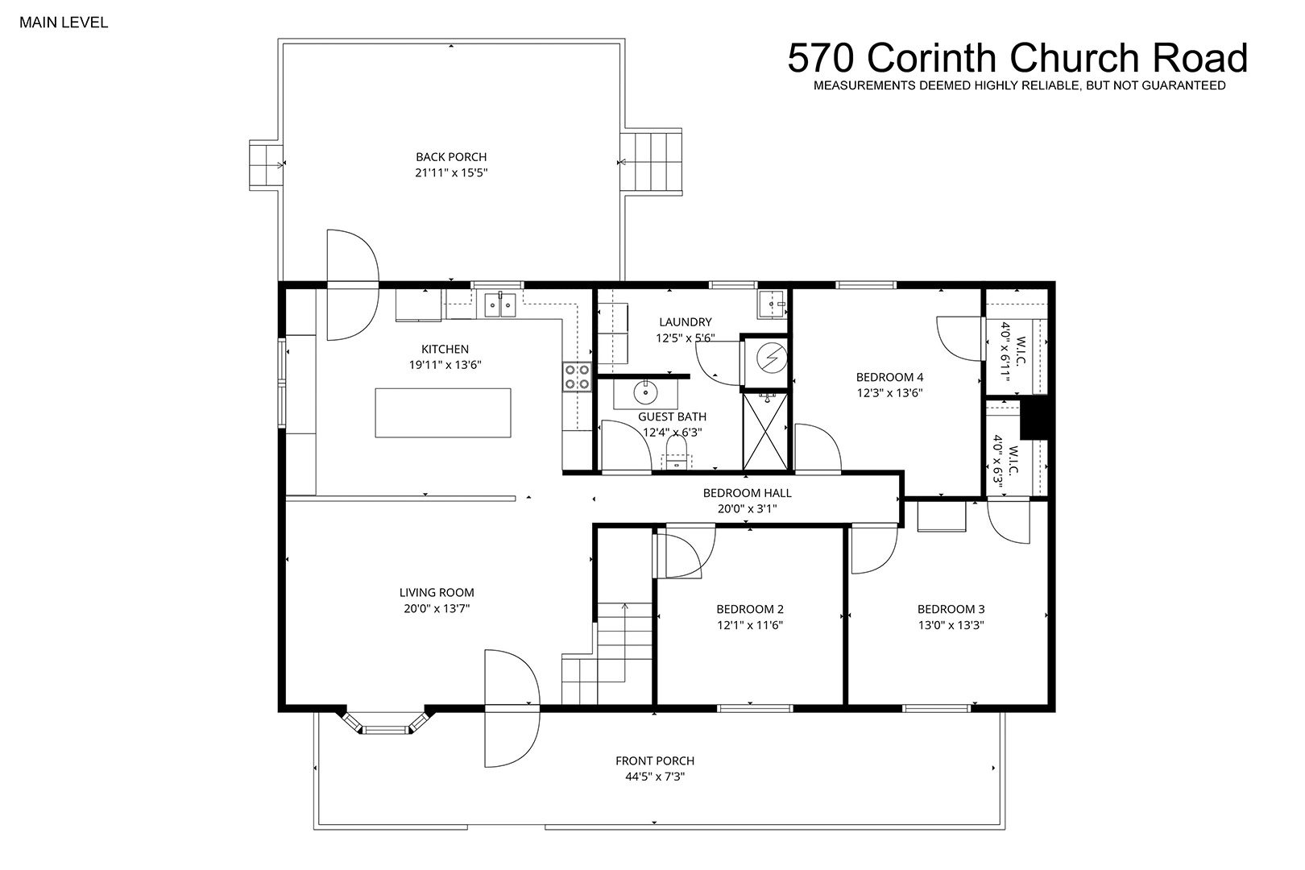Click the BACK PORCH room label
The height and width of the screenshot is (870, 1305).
451,157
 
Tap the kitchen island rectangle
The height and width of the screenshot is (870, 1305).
443,412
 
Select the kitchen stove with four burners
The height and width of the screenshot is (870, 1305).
577,376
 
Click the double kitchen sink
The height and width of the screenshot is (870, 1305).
500,304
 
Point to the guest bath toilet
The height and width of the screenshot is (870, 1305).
677,454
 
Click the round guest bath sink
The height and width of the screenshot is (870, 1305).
645,391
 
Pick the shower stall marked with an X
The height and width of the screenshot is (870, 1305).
765,431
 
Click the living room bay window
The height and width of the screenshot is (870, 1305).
384,724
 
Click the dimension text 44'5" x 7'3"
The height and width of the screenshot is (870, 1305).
655,777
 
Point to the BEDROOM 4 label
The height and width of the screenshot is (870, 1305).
889,377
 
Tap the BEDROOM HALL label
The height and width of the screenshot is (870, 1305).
747,493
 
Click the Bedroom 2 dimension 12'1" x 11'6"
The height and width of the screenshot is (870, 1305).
750,625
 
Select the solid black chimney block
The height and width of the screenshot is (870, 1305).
1034,418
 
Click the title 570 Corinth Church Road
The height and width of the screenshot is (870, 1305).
1017,58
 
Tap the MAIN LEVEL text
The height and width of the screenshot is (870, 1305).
64,23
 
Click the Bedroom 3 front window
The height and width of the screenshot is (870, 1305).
936,709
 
